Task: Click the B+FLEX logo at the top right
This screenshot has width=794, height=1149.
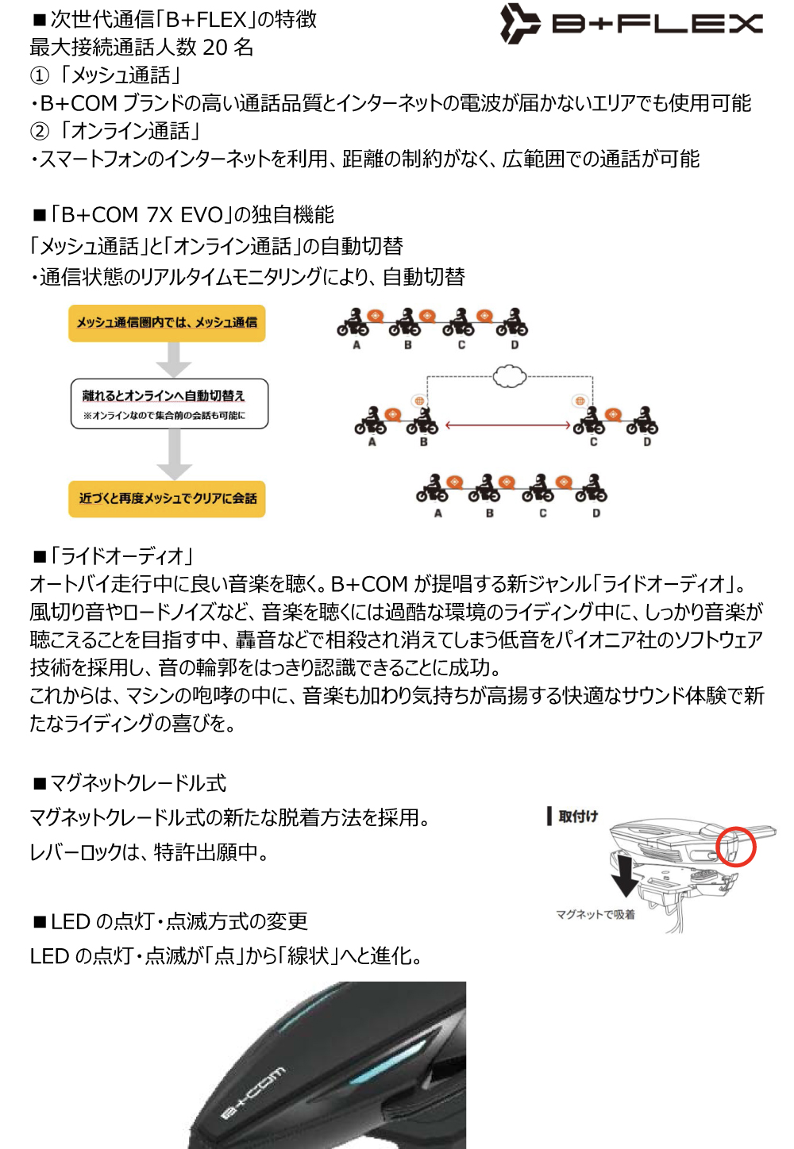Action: pyautogui.click(x=631, y=23)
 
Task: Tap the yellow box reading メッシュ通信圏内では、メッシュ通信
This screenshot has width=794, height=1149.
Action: pyautogui.click(x=167, y=323)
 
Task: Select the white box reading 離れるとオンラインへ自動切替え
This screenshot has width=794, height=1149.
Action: pyautogui.click(x=169, y=404)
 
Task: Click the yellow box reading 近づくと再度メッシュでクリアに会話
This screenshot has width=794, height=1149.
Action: pyautogui.click(x=167, y=498)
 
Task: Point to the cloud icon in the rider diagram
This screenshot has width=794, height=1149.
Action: pyautogui.click(x=509, y=375)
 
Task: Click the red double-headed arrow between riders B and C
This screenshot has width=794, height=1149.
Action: pyautogui.click(x=508, y=425)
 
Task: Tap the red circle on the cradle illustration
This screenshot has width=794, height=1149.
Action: pyautogui.click(x=735, y=846)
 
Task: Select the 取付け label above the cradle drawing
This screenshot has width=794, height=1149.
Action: pyautogui.click(x=577, y=817)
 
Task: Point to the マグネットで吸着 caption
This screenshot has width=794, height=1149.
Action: pyautogui.click(x=595, y=914)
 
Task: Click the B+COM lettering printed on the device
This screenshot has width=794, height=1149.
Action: pyautogui.click(x=252, y=1093)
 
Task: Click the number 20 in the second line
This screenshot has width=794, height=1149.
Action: pyautogui.click(x=214, y=48)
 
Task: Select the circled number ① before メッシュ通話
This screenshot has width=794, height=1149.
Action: pyautogui.click(x=39, y=76)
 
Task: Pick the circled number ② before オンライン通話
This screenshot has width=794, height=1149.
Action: pyautogui.click(x=39, y=132)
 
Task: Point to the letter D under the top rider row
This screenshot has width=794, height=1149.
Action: pyautogui.click(x=515, y=345)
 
